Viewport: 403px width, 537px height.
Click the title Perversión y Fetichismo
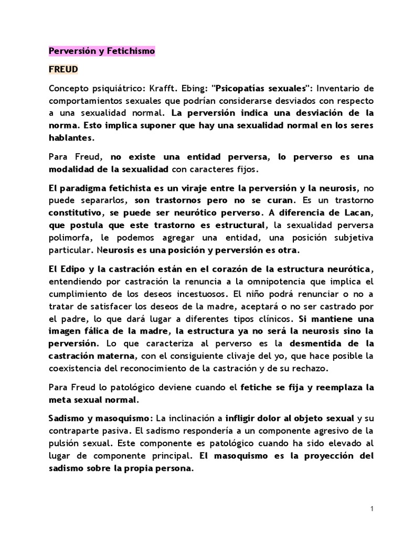102,51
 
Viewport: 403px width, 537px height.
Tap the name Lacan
360,212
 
